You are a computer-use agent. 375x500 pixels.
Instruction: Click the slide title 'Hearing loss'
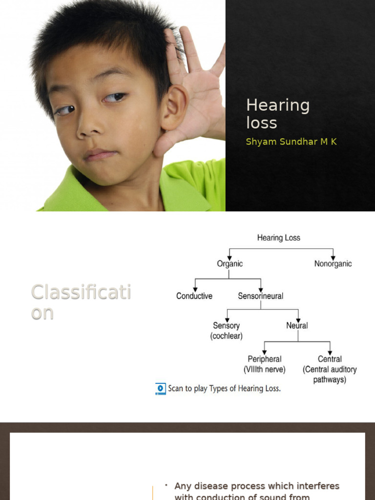[x=277, y=114]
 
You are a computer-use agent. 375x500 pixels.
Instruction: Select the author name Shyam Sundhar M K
[x=291, y=142]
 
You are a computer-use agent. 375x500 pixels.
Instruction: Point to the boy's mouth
[x=100, y=155]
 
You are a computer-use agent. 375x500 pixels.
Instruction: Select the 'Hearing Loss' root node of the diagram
[x=279, y=238]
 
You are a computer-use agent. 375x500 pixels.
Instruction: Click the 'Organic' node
[x=229, y=264]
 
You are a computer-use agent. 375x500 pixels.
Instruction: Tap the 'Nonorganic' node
[x=333, y=264]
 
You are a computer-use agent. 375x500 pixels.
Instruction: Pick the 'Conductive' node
[x=194, y=296]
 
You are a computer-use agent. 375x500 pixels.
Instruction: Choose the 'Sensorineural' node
[x=260, y=296]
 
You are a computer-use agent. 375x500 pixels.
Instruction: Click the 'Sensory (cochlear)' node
[x=226, y=331]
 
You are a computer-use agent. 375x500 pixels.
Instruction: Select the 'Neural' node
[x=297, y=326]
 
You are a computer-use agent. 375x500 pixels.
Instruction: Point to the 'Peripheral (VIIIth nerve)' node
[x=265, y=364]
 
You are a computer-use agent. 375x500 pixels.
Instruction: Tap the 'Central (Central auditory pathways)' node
[x=330, y=369]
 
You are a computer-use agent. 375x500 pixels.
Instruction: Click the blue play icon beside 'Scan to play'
[x=161, y=389]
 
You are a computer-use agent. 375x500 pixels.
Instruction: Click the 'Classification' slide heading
[x=81, y=302]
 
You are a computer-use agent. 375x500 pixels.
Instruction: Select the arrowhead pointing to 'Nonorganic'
[x=333, y=257]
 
